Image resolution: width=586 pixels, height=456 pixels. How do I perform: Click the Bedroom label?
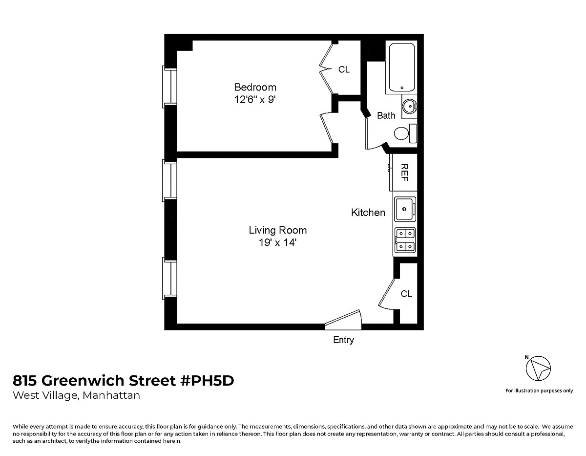(255, 87)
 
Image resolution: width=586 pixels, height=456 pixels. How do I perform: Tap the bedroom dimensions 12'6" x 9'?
(254, 100)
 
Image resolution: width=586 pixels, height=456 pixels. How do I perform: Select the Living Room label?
(278, 230)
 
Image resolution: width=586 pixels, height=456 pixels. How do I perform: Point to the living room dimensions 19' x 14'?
(278, 242)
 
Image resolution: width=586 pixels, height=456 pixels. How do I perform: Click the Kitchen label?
(368, 213)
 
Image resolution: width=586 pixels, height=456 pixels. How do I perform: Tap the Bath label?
(386, 115)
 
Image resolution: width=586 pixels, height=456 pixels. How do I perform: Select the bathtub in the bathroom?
(401, 67)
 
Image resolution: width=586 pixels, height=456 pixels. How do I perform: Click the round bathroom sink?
(410, 107)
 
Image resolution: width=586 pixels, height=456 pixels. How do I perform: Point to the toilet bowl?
(401, 133)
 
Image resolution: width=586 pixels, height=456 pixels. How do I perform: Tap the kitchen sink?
(405, 209)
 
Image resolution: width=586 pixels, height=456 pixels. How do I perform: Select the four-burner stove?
(405, 240)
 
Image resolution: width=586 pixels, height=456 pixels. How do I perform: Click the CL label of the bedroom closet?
(344, 69)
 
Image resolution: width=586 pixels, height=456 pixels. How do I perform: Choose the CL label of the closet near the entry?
(406, 294)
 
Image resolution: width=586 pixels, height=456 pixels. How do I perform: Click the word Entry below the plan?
(343, 340)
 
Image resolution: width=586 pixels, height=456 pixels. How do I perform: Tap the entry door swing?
(343, 320)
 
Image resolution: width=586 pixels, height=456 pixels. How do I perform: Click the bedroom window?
(169, 87)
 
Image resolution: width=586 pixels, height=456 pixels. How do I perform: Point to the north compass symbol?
(538, 368)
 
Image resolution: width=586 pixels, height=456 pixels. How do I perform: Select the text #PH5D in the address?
(207, 380)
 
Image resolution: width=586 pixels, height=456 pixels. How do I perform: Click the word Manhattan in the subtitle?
(111, 395)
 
